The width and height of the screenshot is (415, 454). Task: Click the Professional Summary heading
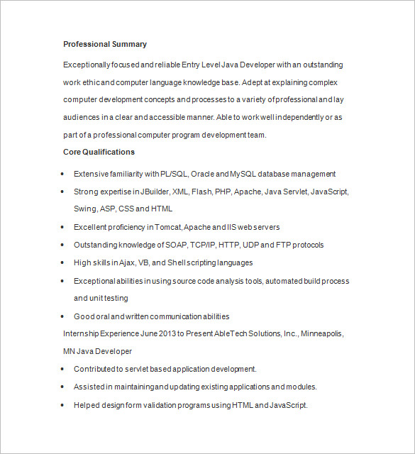[x=105, y=44]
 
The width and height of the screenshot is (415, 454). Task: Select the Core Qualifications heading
[x=99, y=152]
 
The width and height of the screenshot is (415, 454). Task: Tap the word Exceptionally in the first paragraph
[x=86, y=65]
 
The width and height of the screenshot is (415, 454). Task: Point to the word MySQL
[x=243, y=174]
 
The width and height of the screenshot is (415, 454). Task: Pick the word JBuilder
[x=155, y=192]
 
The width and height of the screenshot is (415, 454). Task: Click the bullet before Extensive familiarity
[x=63, y=174]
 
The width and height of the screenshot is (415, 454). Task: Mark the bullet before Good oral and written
[x=63, y=316]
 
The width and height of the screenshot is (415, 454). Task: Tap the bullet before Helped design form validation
[x=63, y=405]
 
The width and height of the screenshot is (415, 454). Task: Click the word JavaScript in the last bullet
[x=287, y=405]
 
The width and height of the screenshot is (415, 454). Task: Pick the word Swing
[x=84, y=209]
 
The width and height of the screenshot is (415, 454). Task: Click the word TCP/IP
[x=204, y=245]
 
